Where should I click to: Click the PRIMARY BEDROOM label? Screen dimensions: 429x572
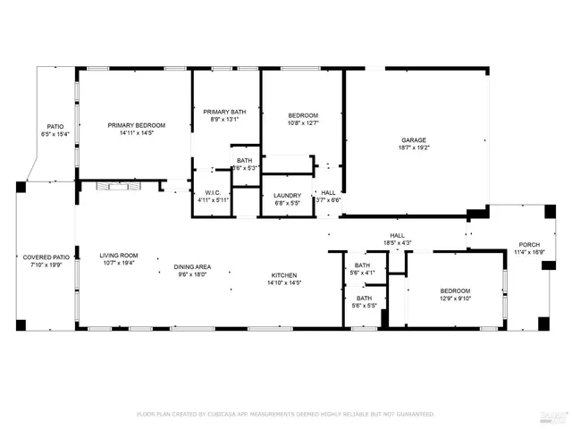(137, 125)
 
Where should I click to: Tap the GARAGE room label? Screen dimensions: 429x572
(413, 140)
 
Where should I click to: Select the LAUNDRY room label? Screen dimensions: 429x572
(287, 195)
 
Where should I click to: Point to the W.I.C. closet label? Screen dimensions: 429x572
(213, 192)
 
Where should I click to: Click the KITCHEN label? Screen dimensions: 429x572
(284, 275)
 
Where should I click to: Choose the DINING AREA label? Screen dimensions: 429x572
(192, 267)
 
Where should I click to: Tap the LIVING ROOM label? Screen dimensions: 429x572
(118, 256)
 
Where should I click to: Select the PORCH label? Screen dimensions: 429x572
(530, 245)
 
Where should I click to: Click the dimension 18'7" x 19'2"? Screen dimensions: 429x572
(413, 149)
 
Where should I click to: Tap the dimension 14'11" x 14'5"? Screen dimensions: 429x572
(137, 133)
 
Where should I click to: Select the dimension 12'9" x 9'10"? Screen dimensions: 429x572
(455, 299)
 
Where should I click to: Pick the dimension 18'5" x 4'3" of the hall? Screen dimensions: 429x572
(397, 242)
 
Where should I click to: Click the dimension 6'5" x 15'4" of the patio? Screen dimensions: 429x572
(55, 134)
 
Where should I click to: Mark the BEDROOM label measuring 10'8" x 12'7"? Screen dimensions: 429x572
(302, 115)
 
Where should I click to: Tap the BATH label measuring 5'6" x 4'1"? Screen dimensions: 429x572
(362, 265)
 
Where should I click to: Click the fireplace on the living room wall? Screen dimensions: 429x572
(110, 186)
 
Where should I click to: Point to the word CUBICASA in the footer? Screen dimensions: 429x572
(230, 415)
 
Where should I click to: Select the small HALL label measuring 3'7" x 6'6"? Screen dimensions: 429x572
(329, 192)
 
